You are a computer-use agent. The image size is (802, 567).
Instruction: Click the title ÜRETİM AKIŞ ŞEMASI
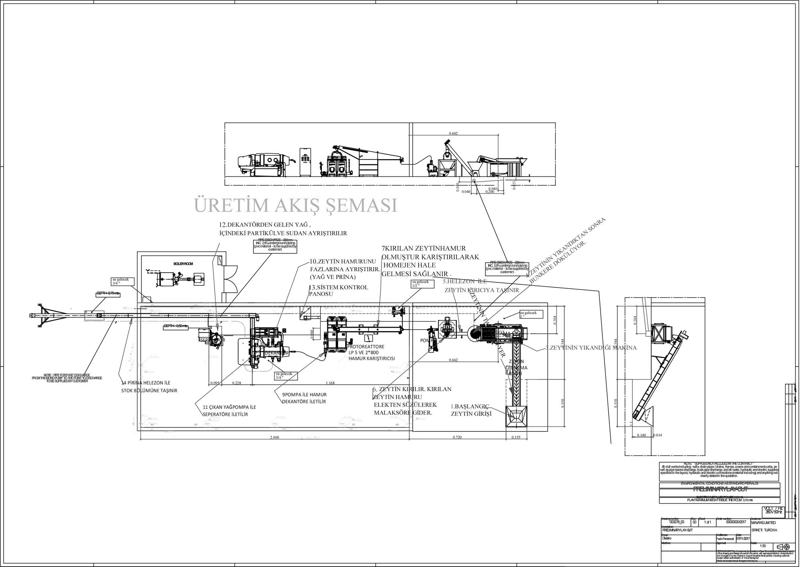pyautogui.click(x=296, y=205)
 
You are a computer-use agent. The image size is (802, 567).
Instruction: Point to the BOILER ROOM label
pyautogui.click(x=183, y=264)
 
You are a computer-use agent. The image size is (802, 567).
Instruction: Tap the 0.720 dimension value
pyautogui.click(x=457, y=437)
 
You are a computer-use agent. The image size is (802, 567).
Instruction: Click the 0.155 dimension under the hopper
pyautogui.click(x=516, y=437)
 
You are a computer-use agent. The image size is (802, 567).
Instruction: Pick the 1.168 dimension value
pyautogui.click(x=330, y=383)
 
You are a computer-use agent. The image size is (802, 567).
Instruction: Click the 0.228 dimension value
pyautogui.click(x=237, y=383)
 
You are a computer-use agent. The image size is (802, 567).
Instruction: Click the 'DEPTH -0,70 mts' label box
pyautogui.click(x=108, y=294)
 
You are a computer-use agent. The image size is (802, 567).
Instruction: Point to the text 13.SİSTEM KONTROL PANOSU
pyautogui.click(x=338, y=290)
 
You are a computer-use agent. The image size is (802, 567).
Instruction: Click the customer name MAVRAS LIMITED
pyautogui.click(x=763, y=523)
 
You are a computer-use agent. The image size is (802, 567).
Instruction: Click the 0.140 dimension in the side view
pyautogui.click(x=641, y=435)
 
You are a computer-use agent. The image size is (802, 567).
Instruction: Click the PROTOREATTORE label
pyautogui.click(x=365, y=346)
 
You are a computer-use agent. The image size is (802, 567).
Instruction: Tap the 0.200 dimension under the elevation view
pyautogui.click(x=490, y=192)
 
